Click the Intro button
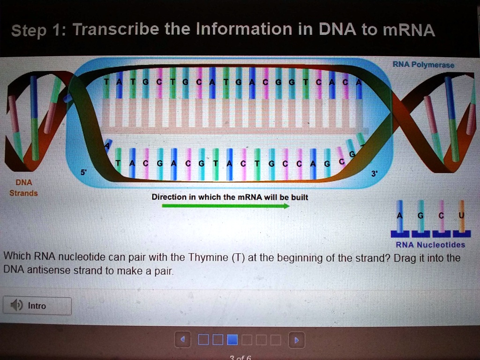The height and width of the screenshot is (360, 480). [37, 306]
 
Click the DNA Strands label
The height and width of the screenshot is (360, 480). [23, 187]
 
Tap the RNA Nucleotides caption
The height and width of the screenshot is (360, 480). [430, 245]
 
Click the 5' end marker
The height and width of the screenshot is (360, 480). [83, 172]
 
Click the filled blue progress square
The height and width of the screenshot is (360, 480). [232, 339]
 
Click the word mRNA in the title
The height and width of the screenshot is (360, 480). [409, 30]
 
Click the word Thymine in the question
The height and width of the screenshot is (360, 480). [207, 258]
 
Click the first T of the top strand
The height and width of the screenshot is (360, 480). [106, 82]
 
